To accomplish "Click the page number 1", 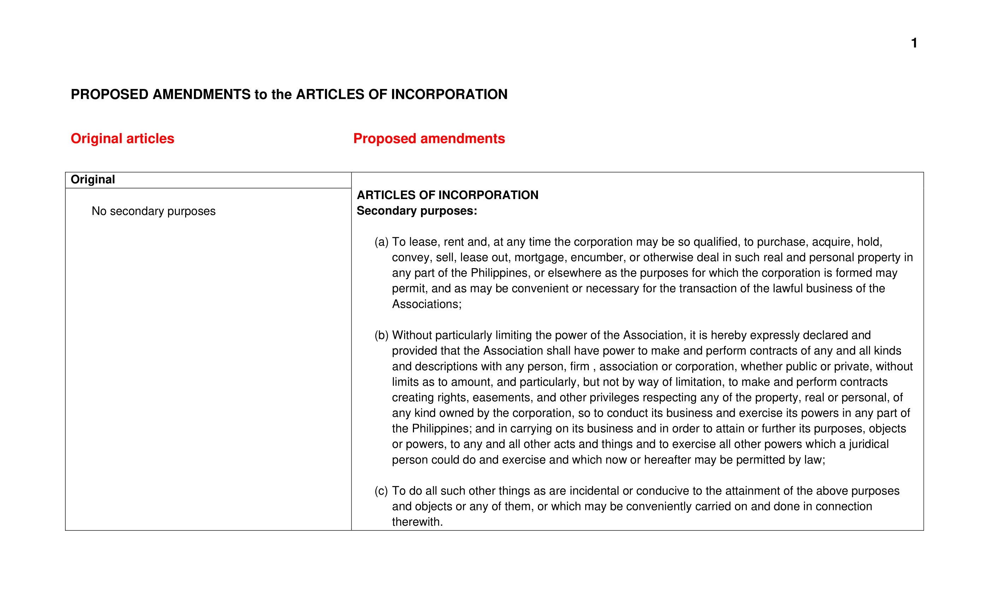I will click(x=914, y=43).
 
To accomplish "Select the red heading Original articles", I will click(x=123, y=138).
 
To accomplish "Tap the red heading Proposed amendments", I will click(x=429, y=138).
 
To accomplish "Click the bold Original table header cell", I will click(x=93, y=179).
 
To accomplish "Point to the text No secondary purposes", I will click(x=153, y=211).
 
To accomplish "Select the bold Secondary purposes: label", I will click(x=417, y=211).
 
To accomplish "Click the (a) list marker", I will click(x=381, y=242).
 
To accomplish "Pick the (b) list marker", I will click(x=381, y=335).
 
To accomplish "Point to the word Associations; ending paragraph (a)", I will click(x=427, y=304).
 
